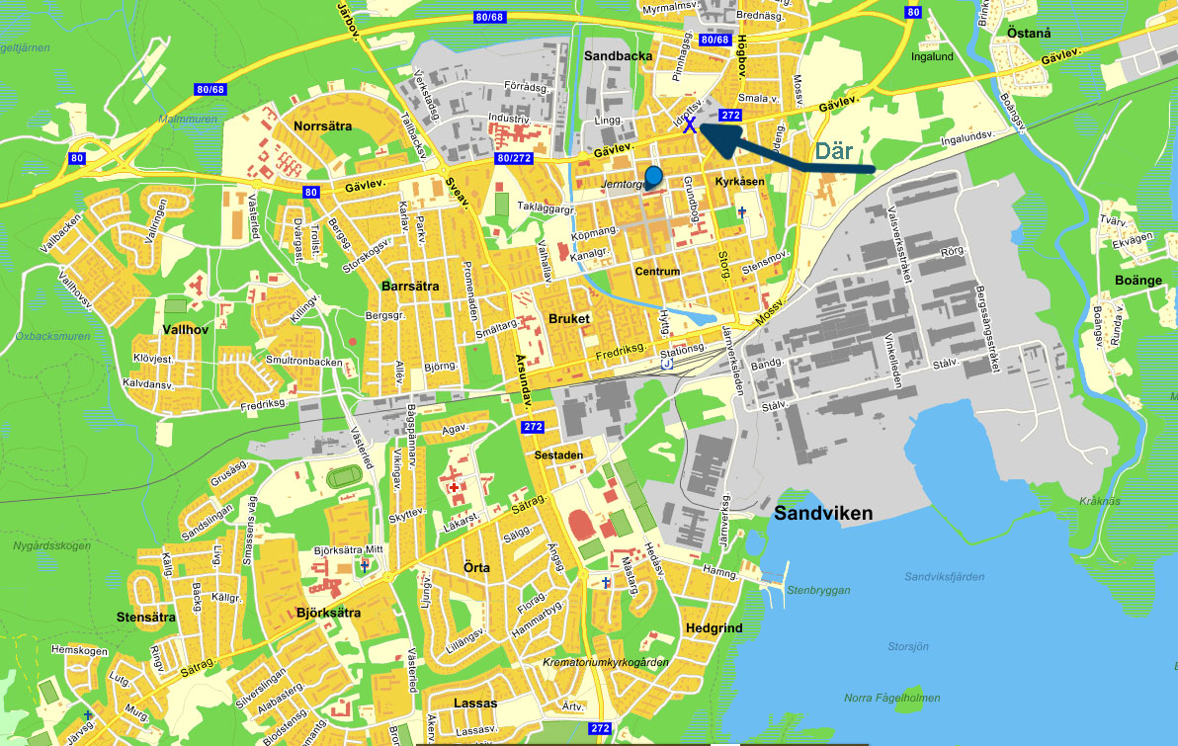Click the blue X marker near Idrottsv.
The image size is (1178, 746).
(690, 125)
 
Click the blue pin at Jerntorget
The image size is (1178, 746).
(652, 178)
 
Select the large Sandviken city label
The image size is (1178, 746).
(823, 514)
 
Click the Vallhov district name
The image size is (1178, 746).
(185, 328)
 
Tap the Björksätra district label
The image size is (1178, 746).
(328, 613)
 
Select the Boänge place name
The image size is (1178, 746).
(1139, 280)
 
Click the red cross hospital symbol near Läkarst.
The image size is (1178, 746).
(454, 487)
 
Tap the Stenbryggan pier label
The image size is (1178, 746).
(818, 590)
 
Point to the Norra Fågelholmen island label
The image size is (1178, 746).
(891, 699)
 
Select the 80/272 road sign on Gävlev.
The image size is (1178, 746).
(516, 157)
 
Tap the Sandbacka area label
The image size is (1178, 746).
(618, 56)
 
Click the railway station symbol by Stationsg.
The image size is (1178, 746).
(666, 364)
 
